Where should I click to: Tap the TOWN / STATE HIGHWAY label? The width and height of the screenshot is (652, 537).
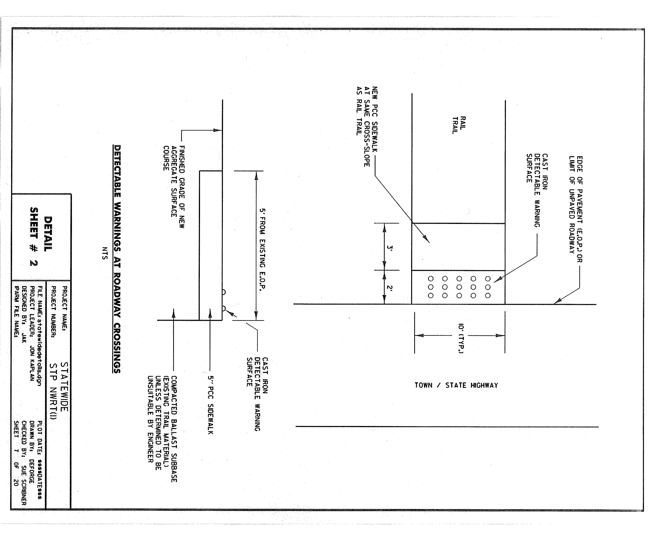coord(456,385)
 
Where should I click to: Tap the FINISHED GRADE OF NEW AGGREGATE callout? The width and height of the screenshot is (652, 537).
coord(174,187)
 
